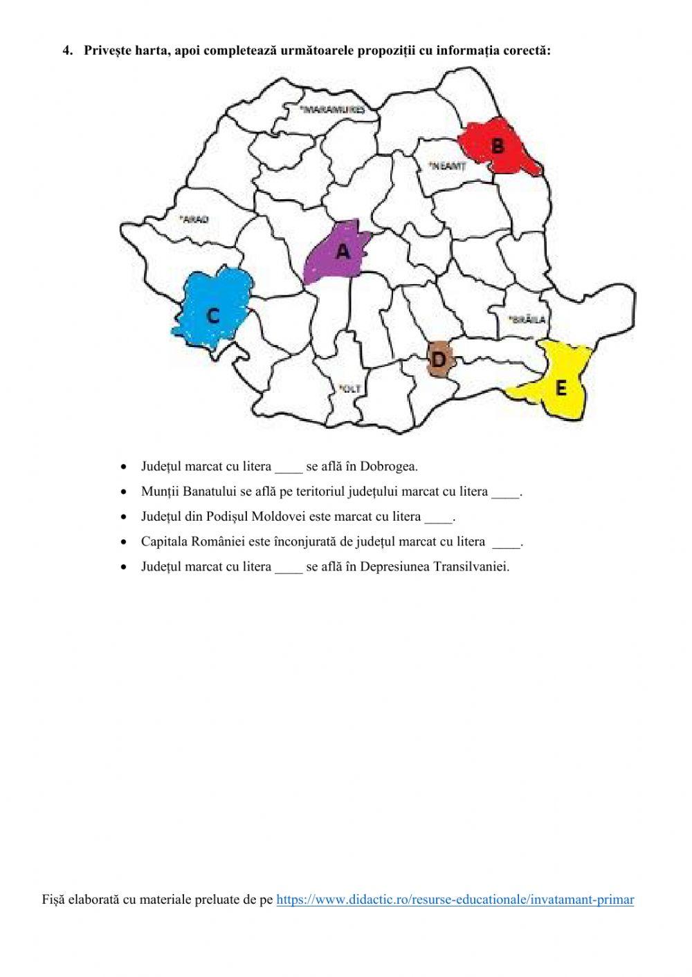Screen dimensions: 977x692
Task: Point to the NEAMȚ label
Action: (446, 166)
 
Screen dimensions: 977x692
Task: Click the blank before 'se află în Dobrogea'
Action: (289, 467)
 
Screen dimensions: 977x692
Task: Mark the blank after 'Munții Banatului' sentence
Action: (505, 492)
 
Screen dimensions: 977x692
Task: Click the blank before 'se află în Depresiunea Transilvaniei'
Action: (289, 568)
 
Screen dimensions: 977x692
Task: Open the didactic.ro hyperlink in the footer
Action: (455, 900)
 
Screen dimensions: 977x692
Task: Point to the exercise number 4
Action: (66, 50)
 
